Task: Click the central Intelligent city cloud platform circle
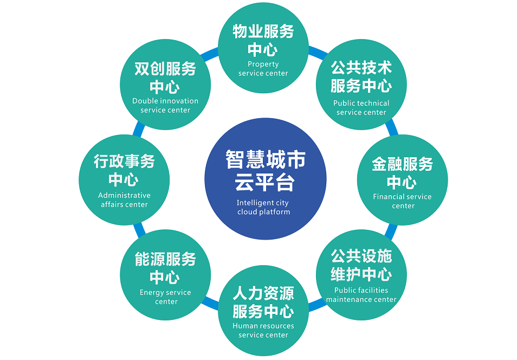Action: (266, 179)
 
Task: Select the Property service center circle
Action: (263, 48)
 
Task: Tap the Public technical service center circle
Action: (361, 85)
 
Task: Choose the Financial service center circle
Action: (402, 180)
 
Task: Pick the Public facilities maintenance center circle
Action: (361, 275)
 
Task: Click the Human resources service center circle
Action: (263, 311)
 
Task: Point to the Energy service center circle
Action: (165, 275)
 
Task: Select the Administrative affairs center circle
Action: (124, 180)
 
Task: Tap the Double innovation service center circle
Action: (165, 85)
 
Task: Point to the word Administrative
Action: (124, 195)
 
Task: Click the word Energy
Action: (152, 293)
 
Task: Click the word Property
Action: (263, 65)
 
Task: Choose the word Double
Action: (144, 101)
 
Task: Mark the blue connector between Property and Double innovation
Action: (209, 54)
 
